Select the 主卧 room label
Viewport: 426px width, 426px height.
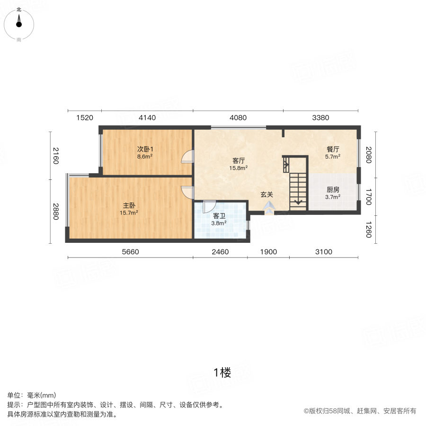pyautogui.click(x=129, y=205)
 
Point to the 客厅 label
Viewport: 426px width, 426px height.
pyautogui.click(x=238, y=160)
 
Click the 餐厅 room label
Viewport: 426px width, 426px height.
pyautogui.click(x=333, y=149)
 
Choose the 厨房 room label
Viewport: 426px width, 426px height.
pyautogui.click(x=333, y=189)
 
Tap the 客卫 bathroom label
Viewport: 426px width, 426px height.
pyautogui.click(x=219, y=216)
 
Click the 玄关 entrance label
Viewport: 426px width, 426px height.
pyautogui.click(x=267, y=195)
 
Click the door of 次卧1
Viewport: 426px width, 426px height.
pyautogui.click(x=188, y=157)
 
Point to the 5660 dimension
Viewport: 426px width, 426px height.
pyautogui.click(x=130, y=252)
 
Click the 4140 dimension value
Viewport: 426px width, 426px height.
pyautogui.click(x=147, y=118)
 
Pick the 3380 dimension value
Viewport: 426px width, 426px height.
pyautogui.click(x=321, y=118)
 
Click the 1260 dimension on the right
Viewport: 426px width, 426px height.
pyautogui.click(x=369, y=231)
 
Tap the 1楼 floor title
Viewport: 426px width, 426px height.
pyautogui.click(x=222, y=373)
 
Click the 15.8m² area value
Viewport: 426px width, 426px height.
pyautogui.click(x=238, y=168)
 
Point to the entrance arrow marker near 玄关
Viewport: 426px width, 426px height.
pyautogui.click(x=269, y=206)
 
